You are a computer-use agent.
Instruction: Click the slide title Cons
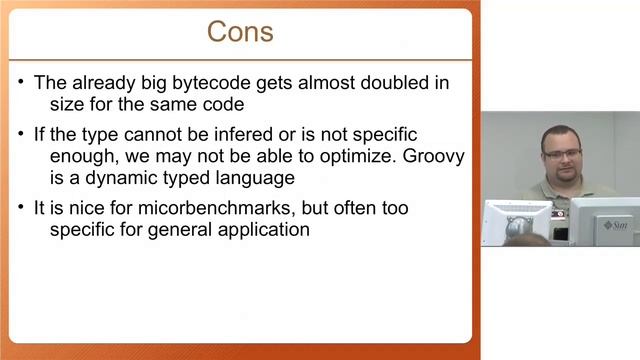tap(239, 31)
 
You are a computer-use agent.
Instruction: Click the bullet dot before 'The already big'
tap(22, 83)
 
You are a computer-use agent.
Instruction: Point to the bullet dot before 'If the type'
tap(22, 134)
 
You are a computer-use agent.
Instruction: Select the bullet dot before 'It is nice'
tap(22, 208)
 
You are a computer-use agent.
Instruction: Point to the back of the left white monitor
tap(517, 220)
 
